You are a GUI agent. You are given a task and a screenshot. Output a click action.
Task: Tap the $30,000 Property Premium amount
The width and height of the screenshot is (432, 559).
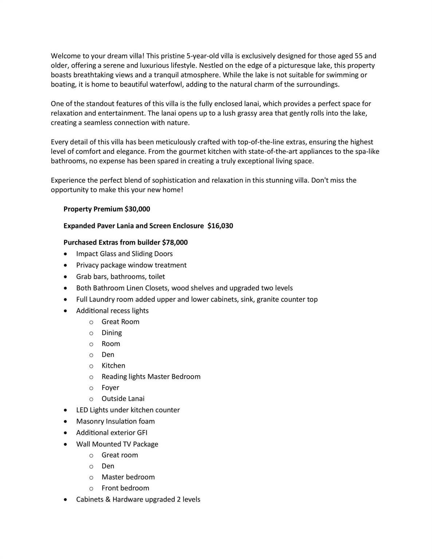pos(137,209)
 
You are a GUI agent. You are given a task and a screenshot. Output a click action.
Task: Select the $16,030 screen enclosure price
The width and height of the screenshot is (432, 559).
pos(220,226)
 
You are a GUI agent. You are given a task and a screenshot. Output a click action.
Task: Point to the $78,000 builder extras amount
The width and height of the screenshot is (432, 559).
pos(175,243)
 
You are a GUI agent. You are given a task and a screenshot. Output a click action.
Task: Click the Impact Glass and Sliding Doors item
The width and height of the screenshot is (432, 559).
pos(124,254)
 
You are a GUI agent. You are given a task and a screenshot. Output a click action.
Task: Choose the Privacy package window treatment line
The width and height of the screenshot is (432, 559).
pos(131,265)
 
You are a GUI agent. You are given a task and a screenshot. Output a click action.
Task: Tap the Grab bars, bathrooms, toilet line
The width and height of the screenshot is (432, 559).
pos(120,277)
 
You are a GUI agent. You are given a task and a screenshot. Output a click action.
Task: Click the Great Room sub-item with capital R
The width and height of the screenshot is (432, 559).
pos(120,322)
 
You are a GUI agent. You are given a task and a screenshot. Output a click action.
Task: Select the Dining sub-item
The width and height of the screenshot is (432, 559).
pos(111,333)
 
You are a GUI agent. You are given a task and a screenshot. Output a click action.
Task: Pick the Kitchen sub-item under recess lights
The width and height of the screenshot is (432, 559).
pos(113,366)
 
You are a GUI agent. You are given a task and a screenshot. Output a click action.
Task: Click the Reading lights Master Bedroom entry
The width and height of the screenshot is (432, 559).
pos(151,377)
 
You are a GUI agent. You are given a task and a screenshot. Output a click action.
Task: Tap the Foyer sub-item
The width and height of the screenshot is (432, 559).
pos(110,388)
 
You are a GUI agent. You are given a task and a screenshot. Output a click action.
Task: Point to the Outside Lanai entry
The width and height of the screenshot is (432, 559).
pos(123,399)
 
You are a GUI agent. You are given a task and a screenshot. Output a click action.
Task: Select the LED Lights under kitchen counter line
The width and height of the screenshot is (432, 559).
pos(128,410)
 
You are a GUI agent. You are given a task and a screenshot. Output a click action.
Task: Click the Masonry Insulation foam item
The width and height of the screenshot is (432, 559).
pos(115,421)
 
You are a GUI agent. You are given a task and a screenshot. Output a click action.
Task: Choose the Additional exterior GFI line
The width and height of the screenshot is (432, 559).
pos(111,433)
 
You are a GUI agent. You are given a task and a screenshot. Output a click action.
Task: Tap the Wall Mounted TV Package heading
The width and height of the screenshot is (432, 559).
pos(117,444)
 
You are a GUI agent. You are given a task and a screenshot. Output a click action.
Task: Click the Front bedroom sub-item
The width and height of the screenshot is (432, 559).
pos(125,488)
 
